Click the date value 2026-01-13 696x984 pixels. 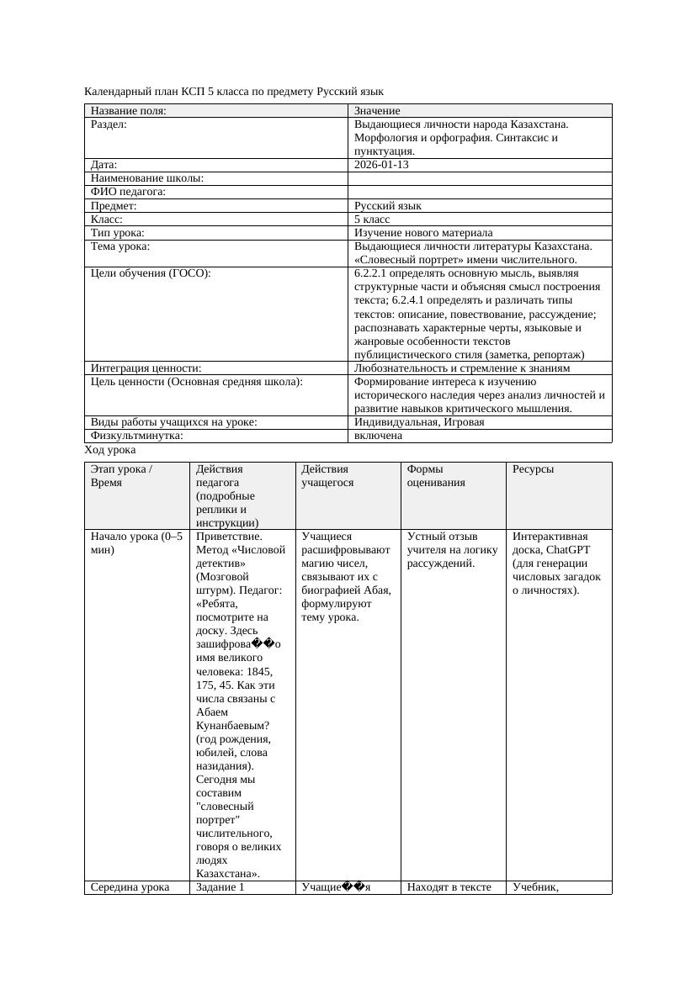point(381,165)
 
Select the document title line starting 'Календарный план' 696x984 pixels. point(234,91)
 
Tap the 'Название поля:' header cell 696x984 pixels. point(129,110)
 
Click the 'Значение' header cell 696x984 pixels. point(377,110)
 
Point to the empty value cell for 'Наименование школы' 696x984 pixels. point(479,178)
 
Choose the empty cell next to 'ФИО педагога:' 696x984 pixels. point(479,192)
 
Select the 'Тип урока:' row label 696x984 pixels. point(118,232)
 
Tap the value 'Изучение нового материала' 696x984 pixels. point(423,232)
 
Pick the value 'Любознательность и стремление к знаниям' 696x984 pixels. point(462,368)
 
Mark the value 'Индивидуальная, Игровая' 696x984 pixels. point(419,422)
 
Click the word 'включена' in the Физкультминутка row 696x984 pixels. point(378,436)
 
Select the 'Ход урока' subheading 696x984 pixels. point(110,450)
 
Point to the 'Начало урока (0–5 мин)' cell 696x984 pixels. point(135,543)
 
